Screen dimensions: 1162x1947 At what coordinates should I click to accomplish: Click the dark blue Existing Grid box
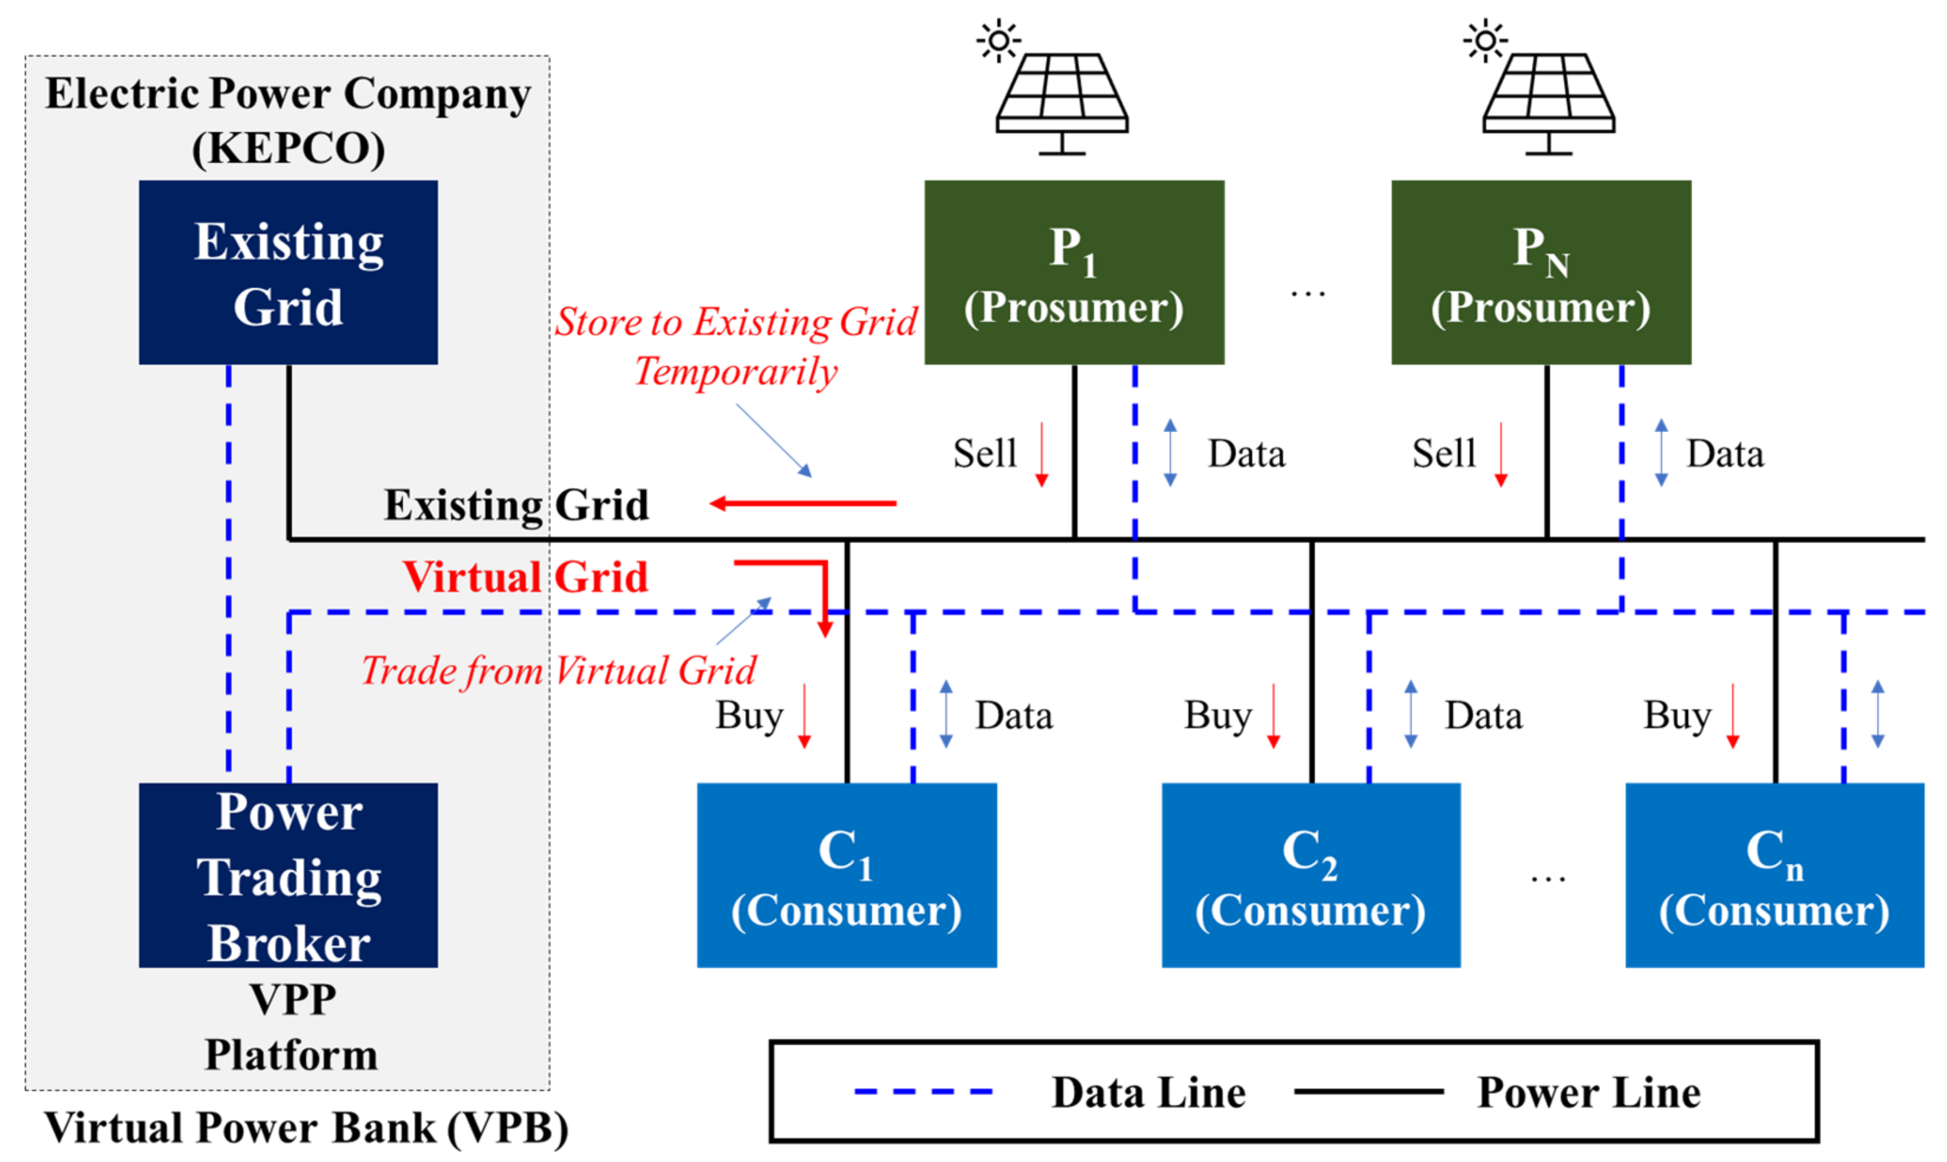(x=288, y=272)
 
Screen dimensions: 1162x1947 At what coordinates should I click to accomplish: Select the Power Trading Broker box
(x=288, y=876)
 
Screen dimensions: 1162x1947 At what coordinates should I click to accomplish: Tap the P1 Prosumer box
(x=1074, y=272)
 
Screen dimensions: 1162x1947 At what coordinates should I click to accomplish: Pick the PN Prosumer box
(x=1541, y=272)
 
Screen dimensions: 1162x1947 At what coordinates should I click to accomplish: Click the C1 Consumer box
(x=846, y=876)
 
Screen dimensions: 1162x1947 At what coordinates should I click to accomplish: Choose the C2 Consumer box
(x=1310, y=876)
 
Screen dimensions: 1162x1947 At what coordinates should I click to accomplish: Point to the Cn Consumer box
(x=1774, y=876)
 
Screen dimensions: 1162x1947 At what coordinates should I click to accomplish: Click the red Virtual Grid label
(x=525, y=578)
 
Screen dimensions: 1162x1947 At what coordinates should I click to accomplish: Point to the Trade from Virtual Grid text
(x=558, y=671)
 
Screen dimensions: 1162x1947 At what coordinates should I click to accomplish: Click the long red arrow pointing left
(x=803, y=504)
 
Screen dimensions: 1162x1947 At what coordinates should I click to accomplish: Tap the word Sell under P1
(x=985, y=453)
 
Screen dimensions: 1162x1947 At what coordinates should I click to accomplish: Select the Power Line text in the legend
(x=1588, y=1092)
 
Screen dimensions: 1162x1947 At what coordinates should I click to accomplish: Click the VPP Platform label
(x=291, y=1027)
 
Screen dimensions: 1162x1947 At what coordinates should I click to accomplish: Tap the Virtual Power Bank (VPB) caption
(x=305, y=1128)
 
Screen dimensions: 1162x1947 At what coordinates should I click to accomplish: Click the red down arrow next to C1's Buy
(x=805, y=716)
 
